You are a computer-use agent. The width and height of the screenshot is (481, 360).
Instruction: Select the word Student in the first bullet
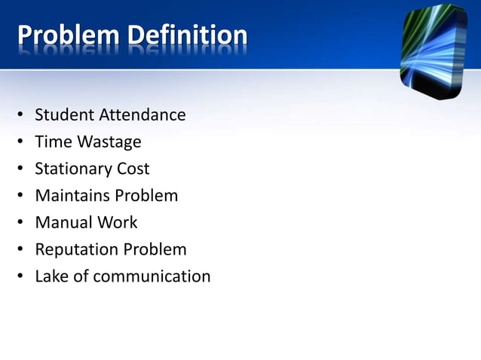65,115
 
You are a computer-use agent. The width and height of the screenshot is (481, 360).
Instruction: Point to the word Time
51,142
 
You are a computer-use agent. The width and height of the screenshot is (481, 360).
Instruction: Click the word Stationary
73,169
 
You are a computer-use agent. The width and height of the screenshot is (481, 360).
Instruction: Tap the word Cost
133,169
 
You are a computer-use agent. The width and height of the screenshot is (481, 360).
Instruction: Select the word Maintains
72,196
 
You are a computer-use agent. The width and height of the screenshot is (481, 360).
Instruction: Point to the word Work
117,222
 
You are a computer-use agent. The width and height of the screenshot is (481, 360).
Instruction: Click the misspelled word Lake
51,276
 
